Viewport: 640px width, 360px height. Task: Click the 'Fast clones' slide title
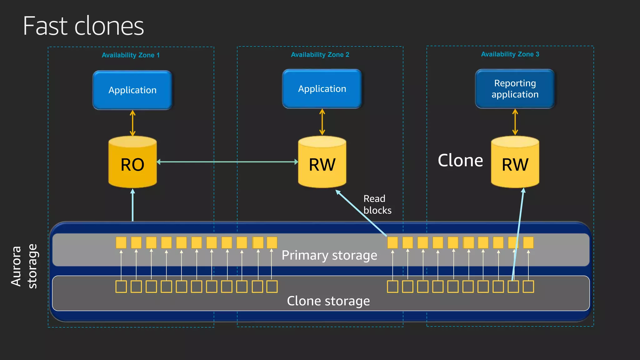(83, 26)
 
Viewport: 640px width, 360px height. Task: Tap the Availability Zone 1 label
(131, 55)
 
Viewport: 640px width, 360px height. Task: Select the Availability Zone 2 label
(320, 55)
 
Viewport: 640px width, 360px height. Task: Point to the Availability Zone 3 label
(510, 54)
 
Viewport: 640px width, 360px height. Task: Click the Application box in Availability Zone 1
(132, 90)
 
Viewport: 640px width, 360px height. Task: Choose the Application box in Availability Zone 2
(322, 89)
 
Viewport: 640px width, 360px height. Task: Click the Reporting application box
(515, 89)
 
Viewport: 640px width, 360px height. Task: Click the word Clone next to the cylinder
(460, 161)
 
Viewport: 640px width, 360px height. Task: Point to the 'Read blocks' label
(377, 204)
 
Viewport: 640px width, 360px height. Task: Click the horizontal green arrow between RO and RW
(227, 162)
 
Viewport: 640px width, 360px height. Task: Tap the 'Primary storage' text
(329, 255)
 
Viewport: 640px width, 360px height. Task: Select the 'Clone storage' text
(328, 301)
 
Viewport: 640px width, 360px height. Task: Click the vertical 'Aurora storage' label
(24, 266)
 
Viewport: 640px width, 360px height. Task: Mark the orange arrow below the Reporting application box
(515, 122)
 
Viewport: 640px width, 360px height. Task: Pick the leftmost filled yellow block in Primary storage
(121, 242)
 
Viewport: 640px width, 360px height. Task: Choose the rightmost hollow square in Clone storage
(528, 287)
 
